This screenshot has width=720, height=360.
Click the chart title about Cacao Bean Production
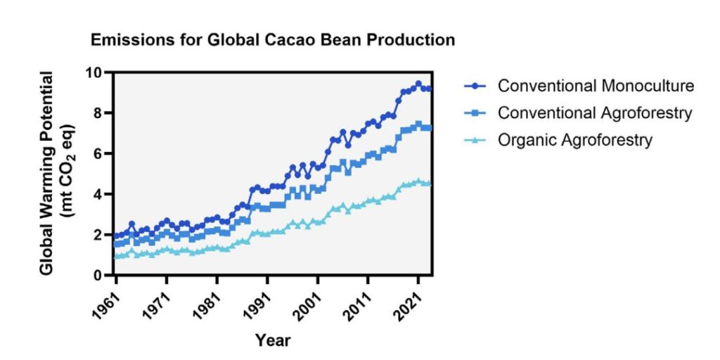(x=273, y=40)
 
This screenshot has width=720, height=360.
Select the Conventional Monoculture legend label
(x=596, y=86)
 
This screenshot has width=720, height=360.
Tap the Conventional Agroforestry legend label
(x=595, y=112)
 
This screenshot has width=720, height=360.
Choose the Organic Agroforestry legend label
(x=574, y=140)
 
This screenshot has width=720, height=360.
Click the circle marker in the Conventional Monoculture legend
(x=477, y=86)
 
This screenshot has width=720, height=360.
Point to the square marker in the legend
(x=477, y=113)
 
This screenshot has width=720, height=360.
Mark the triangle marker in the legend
(x=477, y=140)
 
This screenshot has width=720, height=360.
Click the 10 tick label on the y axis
(x=94, y=72)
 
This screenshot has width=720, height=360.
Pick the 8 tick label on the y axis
(x=98, y=113)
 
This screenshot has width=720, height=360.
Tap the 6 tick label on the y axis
(x=98, y=154)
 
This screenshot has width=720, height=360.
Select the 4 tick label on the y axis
(x=98, y=194)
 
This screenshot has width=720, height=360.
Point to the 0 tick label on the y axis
(x=98, y=276)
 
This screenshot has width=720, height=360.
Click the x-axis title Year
(x=273, y=341)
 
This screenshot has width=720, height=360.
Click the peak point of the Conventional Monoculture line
(x=418, y=84)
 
